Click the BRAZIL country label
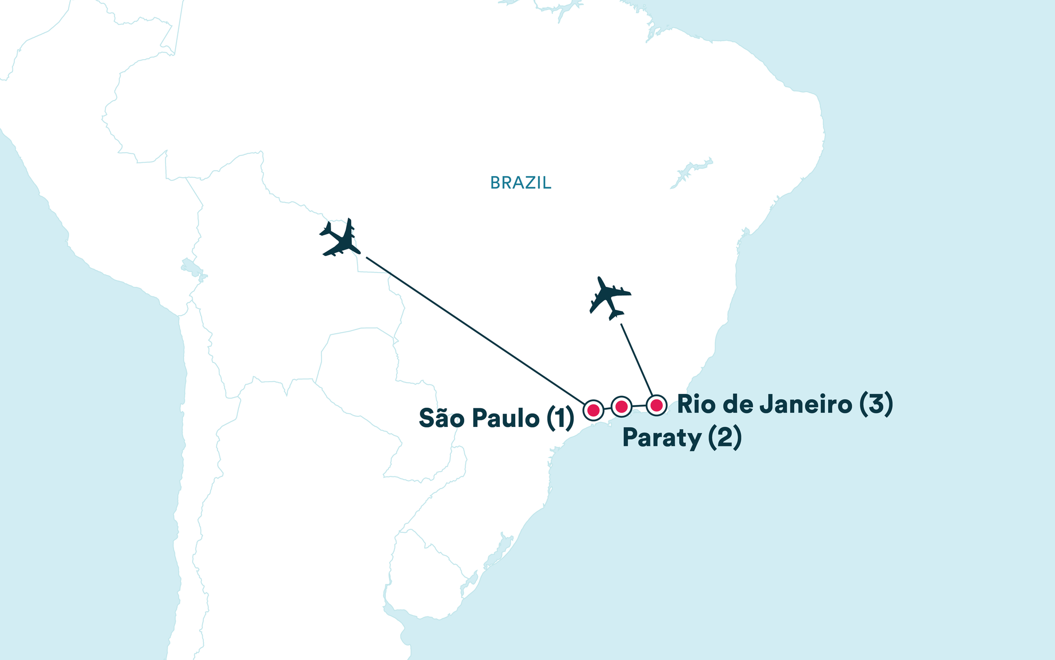[521, 183]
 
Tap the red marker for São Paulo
[594, 410]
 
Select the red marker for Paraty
[621, 407]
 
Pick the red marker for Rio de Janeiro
[657, 405]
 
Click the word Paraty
[662, 439]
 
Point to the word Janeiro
[806, 405]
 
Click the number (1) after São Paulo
[561, 418]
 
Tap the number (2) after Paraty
[724, 438]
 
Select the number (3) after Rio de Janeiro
[876, 405]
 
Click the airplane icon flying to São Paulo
[341, 238]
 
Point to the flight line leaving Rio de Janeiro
[637, 359]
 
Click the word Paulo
[506, 418]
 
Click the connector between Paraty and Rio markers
[639, 406]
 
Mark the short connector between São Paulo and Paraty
[607, 409]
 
